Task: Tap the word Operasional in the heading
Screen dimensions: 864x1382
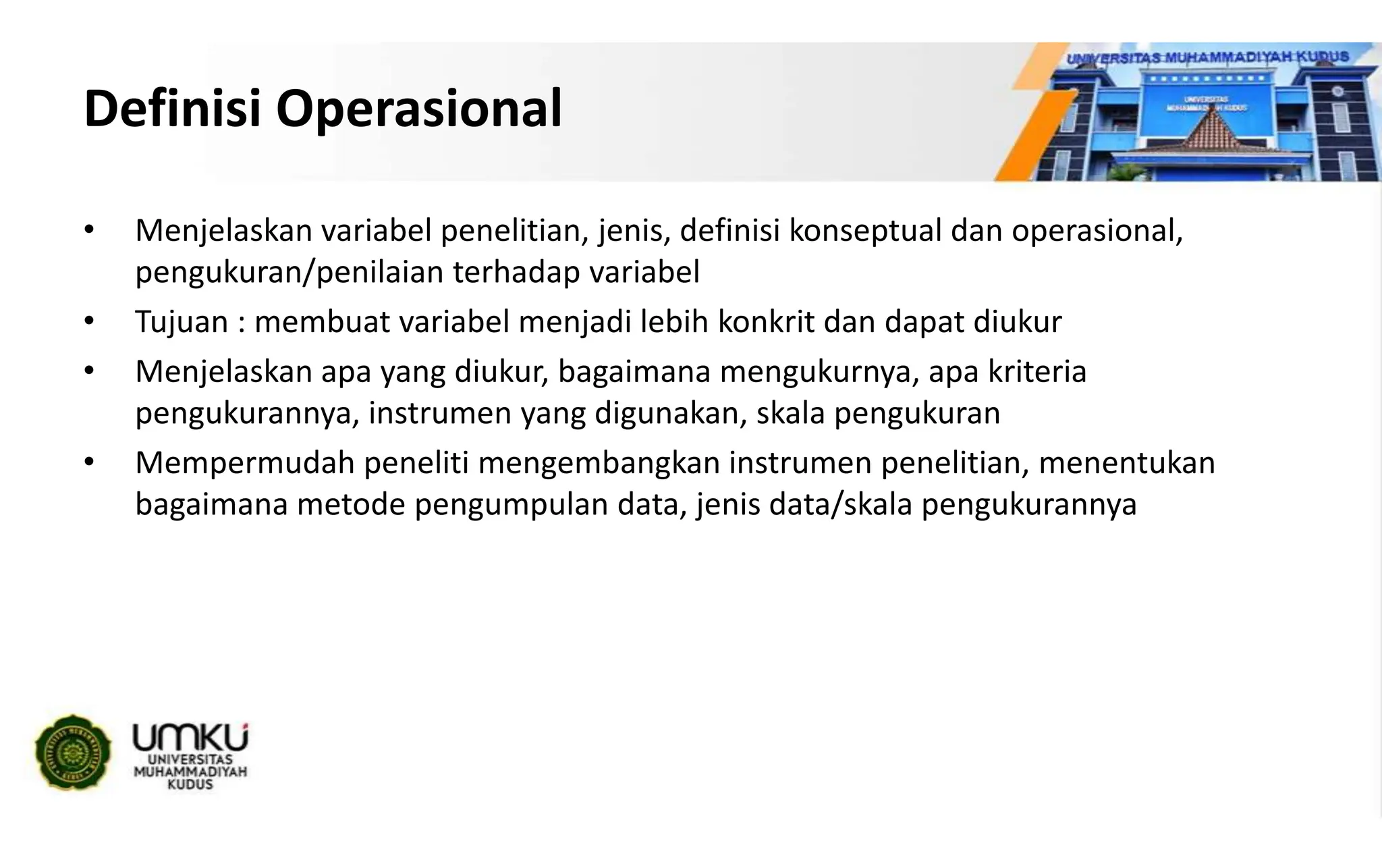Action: point(418,109)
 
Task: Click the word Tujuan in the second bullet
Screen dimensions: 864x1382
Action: point(182,323)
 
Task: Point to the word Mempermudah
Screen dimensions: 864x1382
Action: point(244,464)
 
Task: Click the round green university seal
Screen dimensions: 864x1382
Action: point(74,752)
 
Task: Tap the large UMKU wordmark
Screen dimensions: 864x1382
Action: point(190,738)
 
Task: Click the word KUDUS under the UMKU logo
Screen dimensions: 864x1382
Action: point(190,785)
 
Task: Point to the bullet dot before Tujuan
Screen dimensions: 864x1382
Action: point(88,321)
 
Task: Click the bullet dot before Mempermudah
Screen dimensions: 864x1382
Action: point(88,462)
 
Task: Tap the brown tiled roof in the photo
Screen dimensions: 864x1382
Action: point(1208,135)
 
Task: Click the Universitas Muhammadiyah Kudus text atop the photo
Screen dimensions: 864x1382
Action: point(1207,57)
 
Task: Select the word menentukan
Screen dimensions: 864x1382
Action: point(1126,464)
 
